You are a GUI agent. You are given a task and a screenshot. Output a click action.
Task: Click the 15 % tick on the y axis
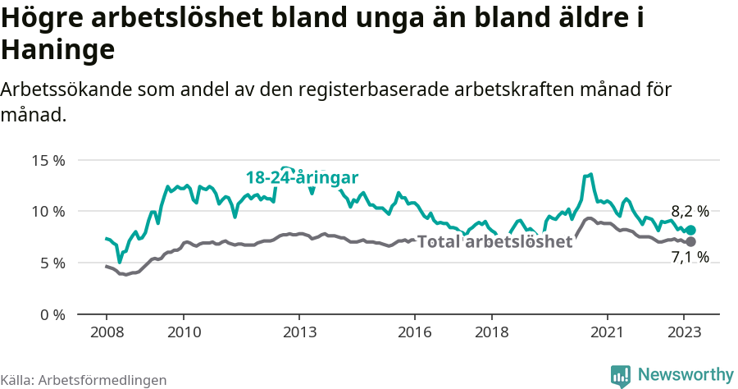(48, 160)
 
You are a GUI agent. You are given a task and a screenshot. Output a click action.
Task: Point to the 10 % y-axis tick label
(48, 212)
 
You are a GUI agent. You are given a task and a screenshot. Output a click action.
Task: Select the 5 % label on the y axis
(52, 263)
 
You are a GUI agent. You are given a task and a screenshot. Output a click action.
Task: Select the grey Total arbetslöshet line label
(494, 241)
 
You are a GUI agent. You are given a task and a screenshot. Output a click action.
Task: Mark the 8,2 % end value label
(690, 211)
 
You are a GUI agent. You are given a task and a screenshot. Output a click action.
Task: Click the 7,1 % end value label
(690, 258)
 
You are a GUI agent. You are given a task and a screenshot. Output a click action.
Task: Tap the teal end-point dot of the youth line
(690, 231)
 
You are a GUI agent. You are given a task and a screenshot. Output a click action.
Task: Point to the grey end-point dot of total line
(690, 241)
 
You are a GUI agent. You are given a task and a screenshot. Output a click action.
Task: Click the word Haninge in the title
(57, 51)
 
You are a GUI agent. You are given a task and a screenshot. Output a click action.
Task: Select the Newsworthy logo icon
(621, 375)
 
